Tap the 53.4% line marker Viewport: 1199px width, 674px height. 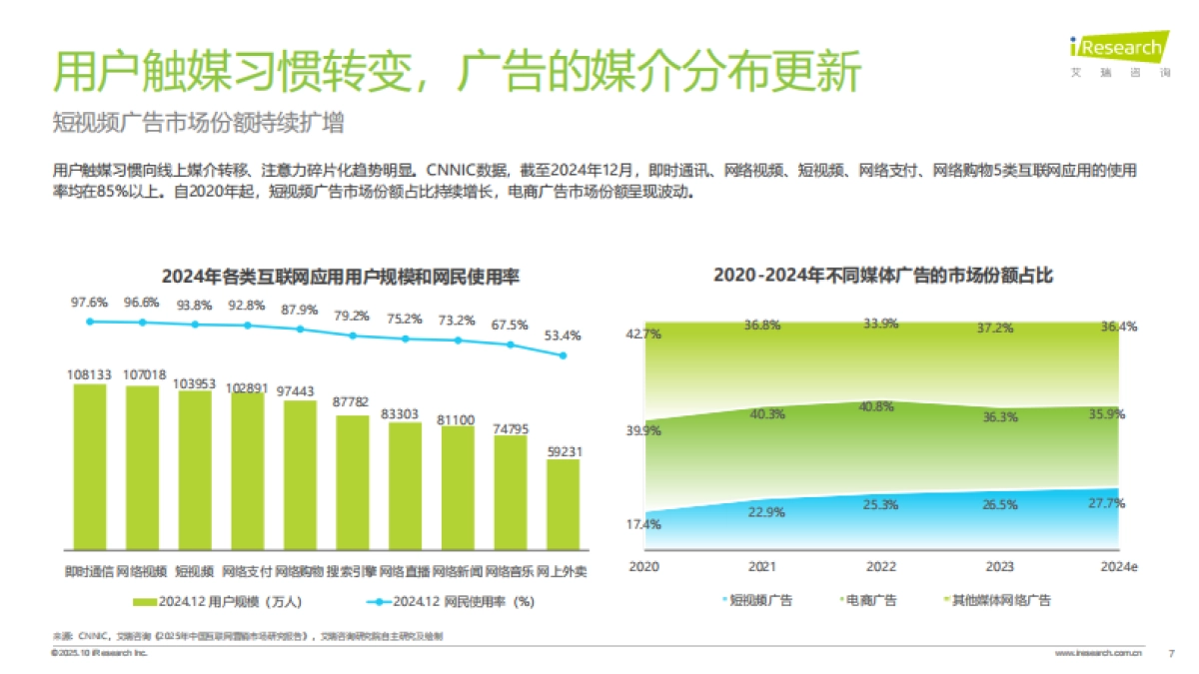(x=563, y=355)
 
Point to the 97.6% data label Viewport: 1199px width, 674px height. (x=89, y=302)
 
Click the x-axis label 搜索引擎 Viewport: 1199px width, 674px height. (x=352, y=572)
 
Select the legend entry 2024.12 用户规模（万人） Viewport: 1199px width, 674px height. (x=217, y=602)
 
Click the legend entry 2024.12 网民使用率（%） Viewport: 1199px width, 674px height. (x=450, y=602)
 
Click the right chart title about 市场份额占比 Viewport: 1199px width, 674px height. (x=883, y=276)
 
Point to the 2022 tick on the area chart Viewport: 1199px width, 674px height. (x=880, y=566)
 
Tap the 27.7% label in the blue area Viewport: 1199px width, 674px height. (x=1106, y=502)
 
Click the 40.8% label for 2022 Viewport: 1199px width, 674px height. (x=880, y=406)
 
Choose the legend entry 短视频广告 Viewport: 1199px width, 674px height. (x=756, y=600)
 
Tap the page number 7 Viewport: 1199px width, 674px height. (x=1171, y=653)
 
